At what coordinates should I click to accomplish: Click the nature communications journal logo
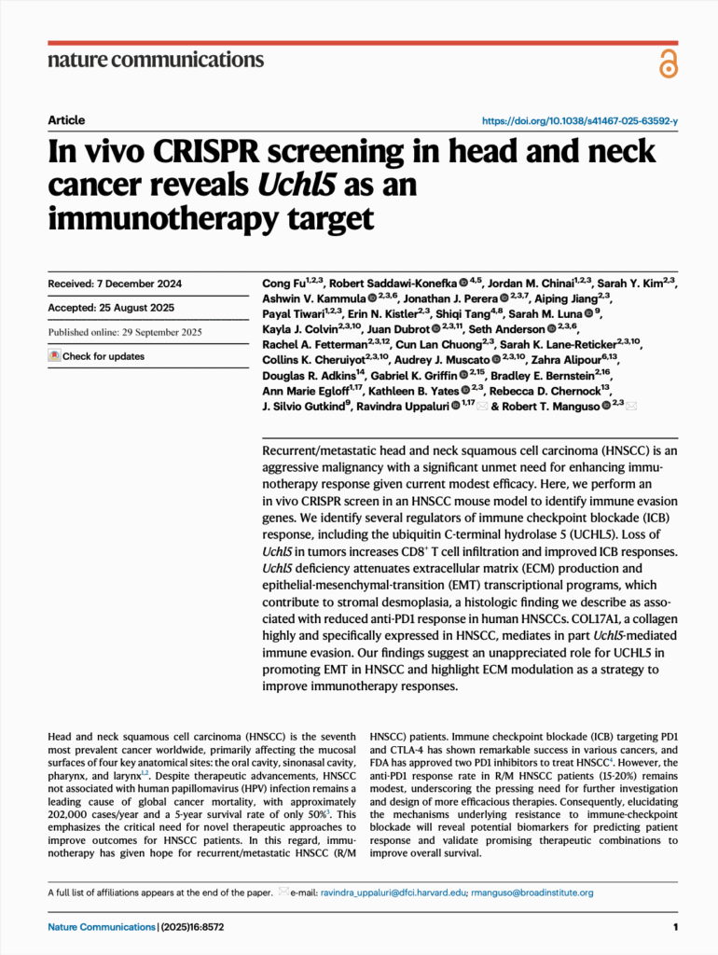click(x=155, y=60)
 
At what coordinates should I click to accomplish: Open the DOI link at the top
click(x=579, y=121)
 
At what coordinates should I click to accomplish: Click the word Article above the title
click(x=66, y=120)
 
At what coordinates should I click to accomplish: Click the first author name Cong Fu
click(x=284, y=283)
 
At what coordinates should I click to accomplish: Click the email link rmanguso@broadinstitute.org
click(x=534, y=893)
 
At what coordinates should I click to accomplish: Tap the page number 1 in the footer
click(x=674, y=927)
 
